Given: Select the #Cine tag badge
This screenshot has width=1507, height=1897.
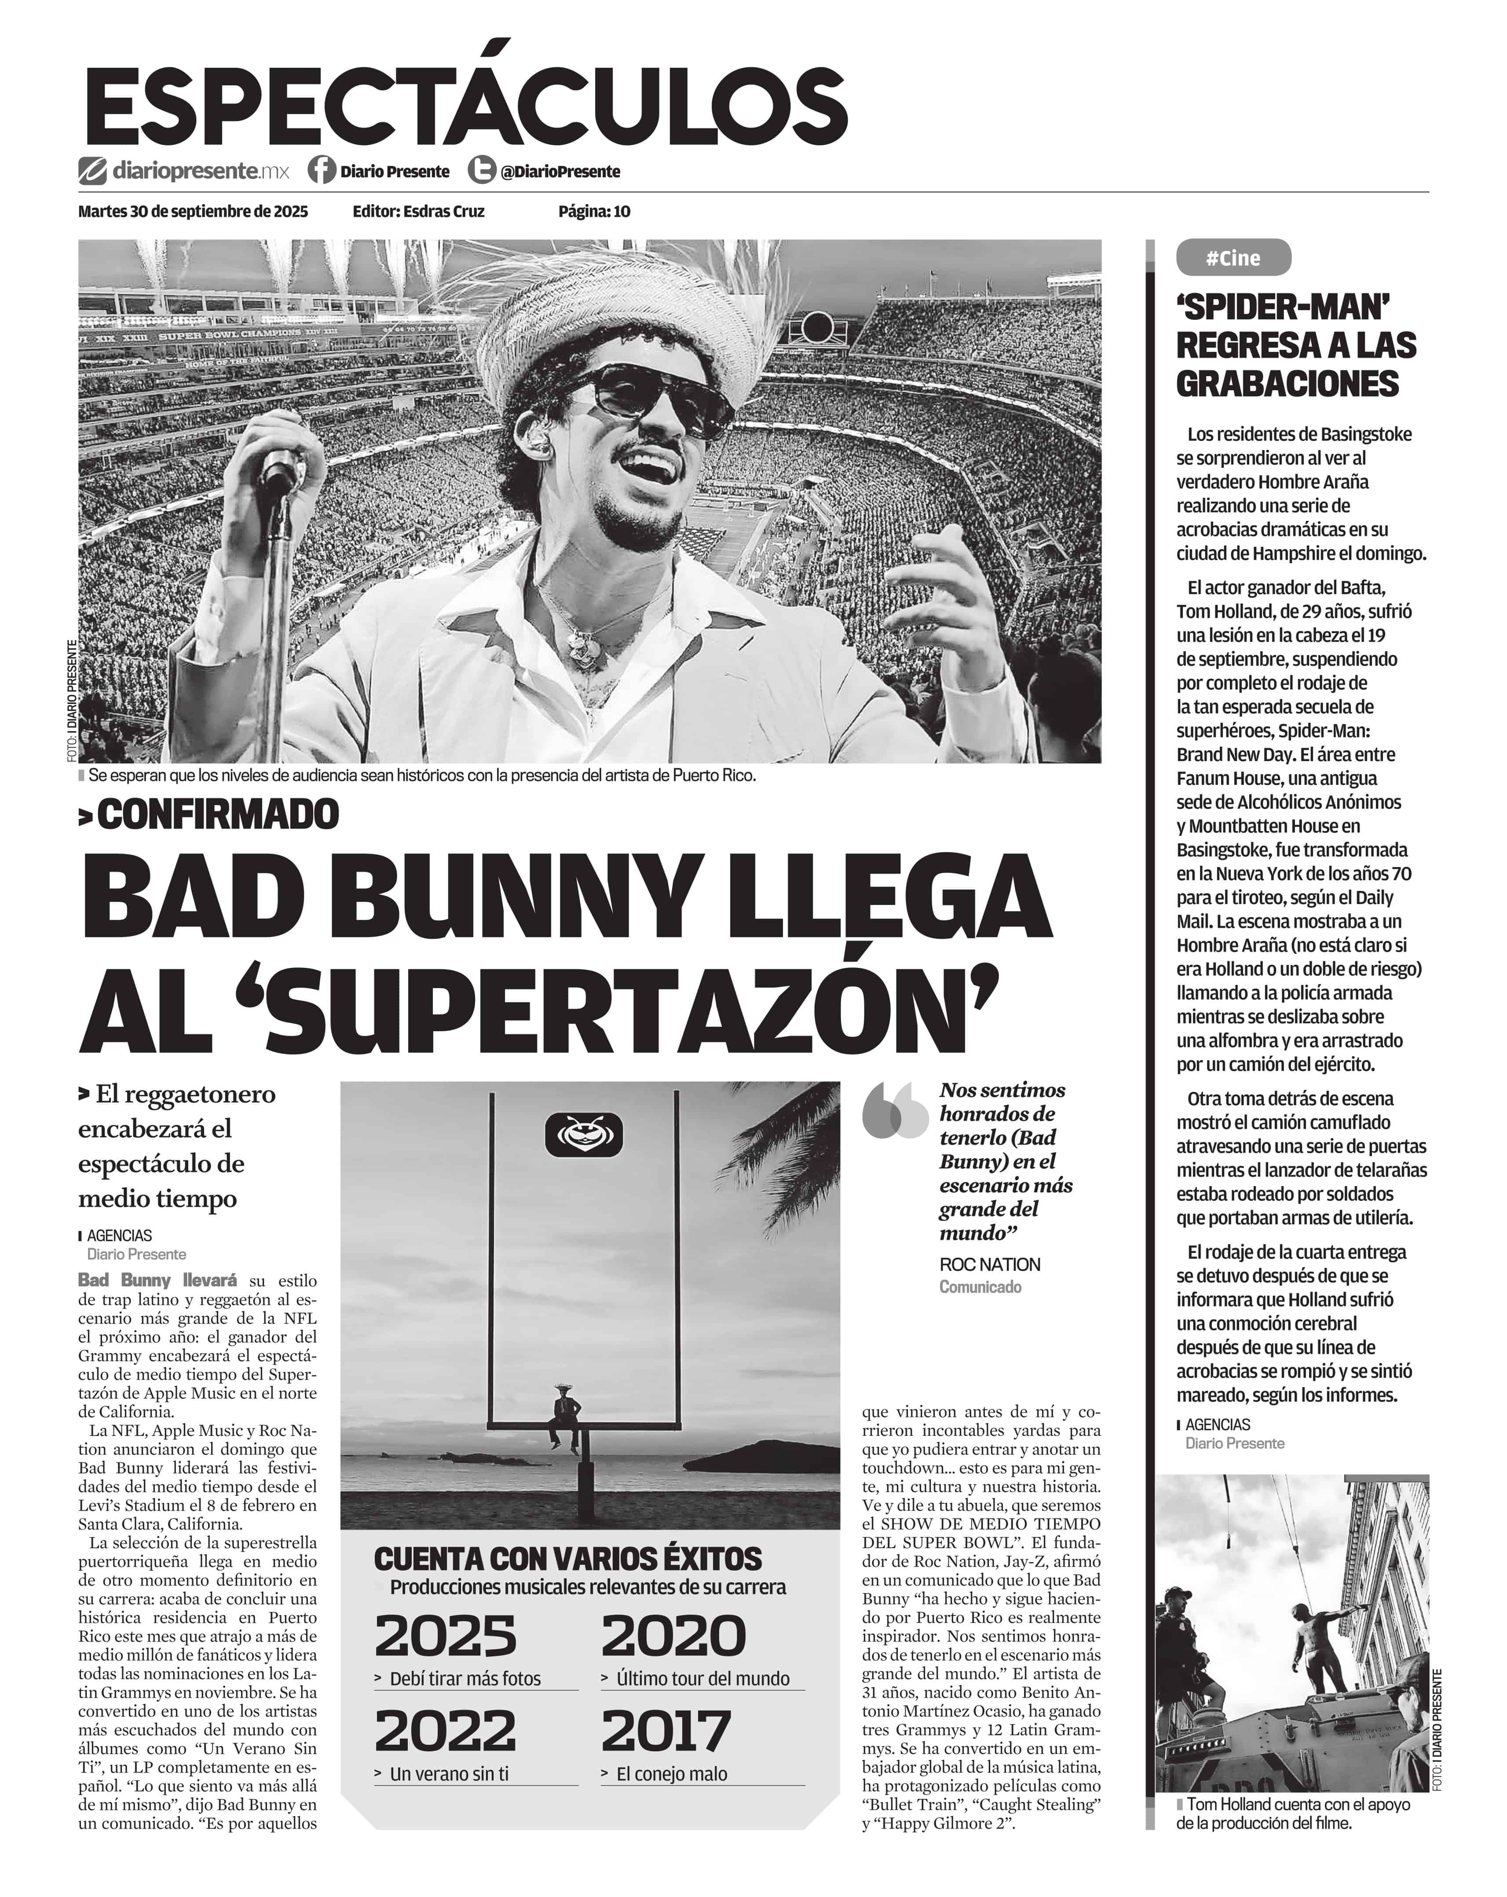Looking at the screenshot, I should coord(1233,258).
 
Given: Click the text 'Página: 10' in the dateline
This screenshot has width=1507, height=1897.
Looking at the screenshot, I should coord(594,211).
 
